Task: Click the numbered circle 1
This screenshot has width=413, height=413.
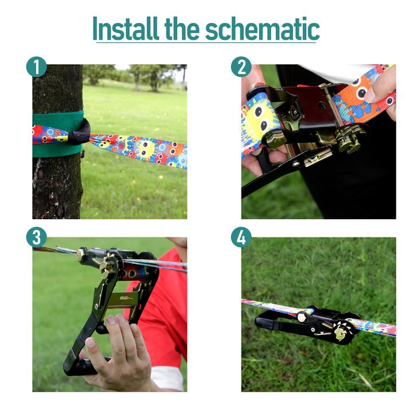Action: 36,67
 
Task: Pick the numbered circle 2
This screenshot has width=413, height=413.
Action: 241,67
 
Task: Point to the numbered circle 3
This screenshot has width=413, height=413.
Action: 36,237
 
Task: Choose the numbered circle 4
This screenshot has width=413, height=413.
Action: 241,237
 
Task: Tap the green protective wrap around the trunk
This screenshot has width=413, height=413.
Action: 59,134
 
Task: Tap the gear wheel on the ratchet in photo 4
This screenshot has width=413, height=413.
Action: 341,330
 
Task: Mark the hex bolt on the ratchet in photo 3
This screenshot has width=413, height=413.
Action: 80,255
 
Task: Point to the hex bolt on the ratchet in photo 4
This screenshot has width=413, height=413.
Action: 302,317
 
